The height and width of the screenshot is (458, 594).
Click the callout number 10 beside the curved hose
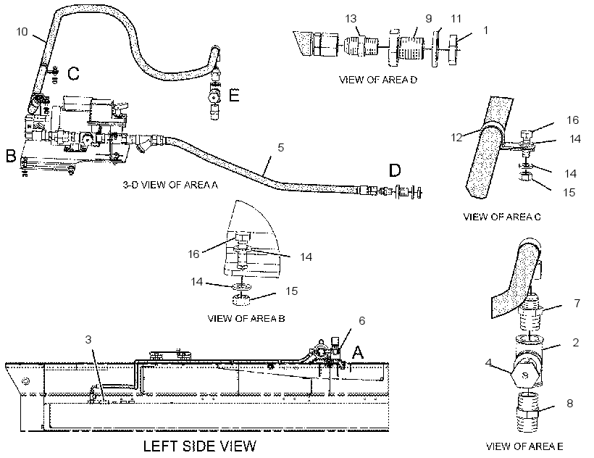[22, 31]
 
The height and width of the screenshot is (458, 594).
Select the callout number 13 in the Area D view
[351, 19]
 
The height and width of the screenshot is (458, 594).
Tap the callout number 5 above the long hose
[281, 147]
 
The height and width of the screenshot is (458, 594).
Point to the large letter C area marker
[73, 73]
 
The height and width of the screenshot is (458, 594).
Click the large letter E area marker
[235, 95]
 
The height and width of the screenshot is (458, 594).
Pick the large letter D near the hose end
[395, 170]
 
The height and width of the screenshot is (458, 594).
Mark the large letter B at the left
[11, 156]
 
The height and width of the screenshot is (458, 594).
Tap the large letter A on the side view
[358, 353]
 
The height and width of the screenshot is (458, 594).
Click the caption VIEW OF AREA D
[377, 80]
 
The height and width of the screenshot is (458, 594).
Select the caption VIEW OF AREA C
[501, 217]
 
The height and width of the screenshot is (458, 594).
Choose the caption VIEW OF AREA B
[246, 319]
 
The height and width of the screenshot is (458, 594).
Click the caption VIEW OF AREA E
[524, 446]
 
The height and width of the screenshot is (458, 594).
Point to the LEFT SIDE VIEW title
[200, 446]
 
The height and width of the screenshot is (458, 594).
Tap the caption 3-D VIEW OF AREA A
[170, 185]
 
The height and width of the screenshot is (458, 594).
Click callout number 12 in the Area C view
[457, 137]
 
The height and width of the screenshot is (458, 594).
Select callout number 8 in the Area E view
[570, 404]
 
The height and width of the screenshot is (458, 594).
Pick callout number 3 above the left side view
[88, 339]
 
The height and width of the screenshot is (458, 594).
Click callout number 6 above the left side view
[361, 321]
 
